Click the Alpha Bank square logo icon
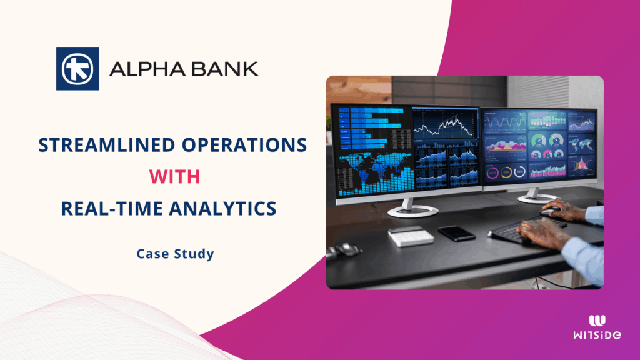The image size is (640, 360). point(77,69)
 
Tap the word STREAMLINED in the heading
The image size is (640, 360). point(107,145)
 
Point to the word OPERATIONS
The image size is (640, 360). point(244,145)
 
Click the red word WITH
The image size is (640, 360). point(175,177)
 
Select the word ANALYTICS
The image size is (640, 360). point(223,208)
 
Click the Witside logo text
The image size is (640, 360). point(597,335)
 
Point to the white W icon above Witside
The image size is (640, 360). point(597,321)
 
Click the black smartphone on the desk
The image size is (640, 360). point(457,234)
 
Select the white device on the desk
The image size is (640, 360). point(411,236)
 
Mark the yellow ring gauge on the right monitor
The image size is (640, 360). point(506,172)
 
